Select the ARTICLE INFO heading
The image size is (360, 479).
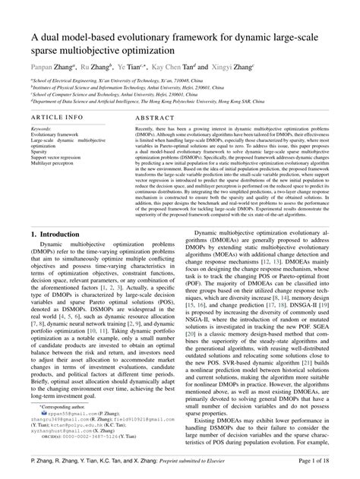(x=58, y=118)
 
